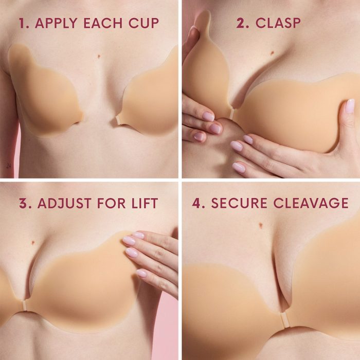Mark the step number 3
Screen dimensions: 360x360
pyautogui.click(x=23, y=203)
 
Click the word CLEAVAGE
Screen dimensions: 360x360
pyautogui.click(x=311, y=203)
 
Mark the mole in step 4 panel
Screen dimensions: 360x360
pyautogui.click(x=263, y=224)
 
